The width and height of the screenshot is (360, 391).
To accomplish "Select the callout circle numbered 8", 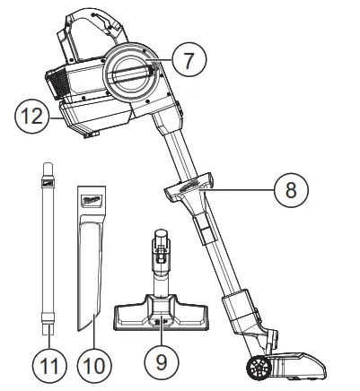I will (x=290, y=190).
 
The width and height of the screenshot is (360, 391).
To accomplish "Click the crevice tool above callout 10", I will (x=92, y=269).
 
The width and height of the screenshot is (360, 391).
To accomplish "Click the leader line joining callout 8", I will (x=242, y=190).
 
